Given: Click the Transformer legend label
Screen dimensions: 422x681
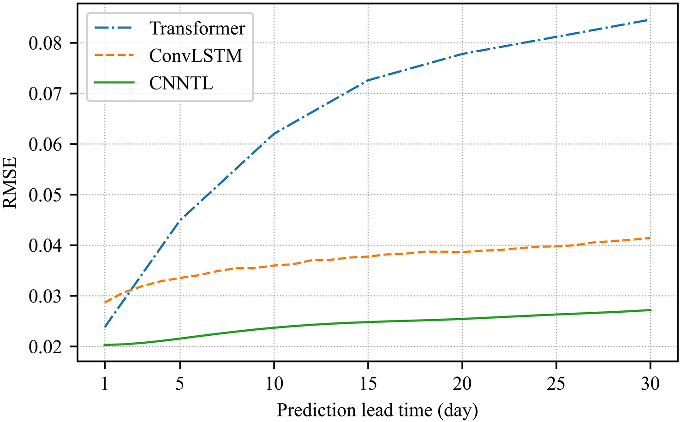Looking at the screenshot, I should pos(197,29).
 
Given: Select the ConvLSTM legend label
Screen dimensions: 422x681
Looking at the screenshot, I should pos(196,56).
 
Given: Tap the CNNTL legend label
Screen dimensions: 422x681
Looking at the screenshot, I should pos(181,83).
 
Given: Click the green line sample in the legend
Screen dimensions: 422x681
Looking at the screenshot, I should pos(114,83).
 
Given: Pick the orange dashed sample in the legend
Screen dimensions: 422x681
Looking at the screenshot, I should pos(114,55).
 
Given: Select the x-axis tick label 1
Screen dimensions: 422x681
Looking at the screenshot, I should pos(105,384).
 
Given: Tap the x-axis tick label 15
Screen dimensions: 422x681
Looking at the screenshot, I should pos(368,384).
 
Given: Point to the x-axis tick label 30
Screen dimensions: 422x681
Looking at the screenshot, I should pos(650,384).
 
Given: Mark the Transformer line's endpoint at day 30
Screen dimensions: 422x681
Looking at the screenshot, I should pos(650,20).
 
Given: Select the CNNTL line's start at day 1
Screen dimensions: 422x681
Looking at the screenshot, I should pos(105,345).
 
